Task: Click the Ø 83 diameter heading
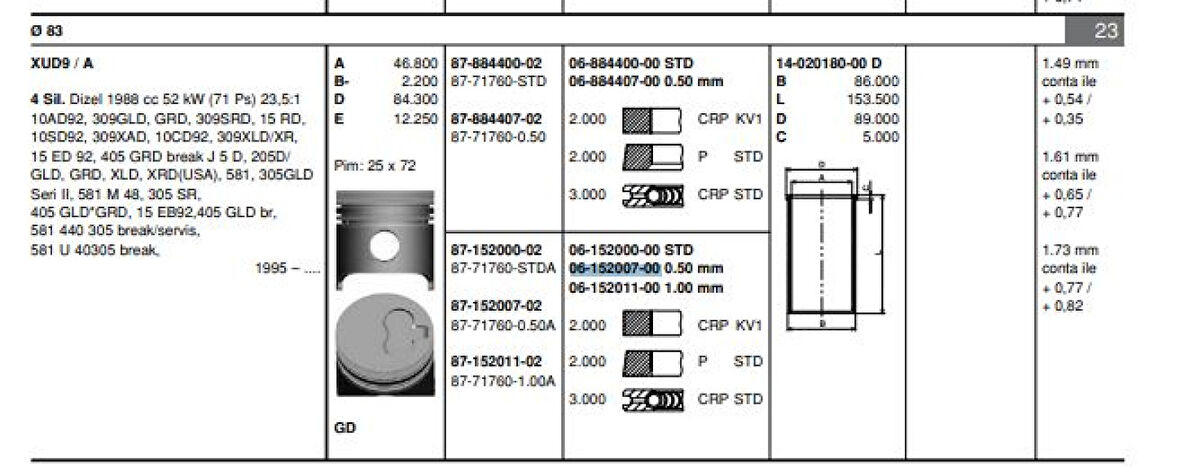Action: [47, 32]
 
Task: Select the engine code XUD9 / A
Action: [63, 62]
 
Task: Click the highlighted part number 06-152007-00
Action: [614, 268]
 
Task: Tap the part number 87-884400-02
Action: [496, 62]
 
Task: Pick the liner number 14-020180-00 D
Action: [829, 62]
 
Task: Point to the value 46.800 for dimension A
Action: [416, 62]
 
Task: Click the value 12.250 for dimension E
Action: [416, 118]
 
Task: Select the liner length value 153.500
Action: [873, 99]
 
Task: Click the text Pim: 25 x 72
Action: [375, 165]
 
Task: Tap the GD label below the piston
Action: [345, 427]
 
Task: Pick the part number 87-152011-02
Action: [496, 361]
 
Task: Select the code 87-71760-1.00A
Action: [502, 380]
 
